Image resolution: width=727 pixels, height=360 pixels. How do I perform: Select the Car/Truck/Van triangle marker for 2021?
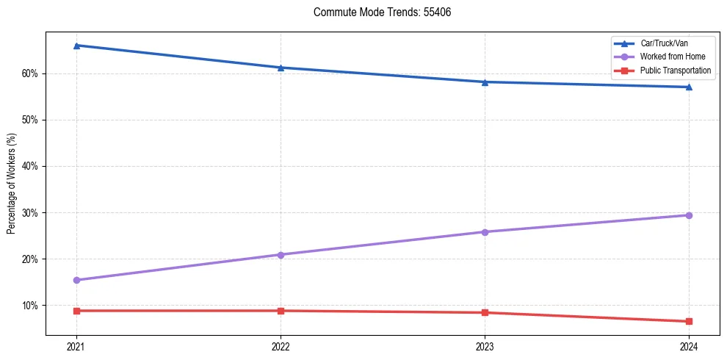[x=76, y=46]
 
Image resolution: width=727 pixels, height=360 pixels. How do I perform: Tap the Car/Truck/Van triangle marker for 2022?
[x=281, y=68]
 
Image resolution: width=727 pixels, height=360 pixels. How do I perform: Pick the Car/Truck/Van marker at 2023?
[x=485, y=82]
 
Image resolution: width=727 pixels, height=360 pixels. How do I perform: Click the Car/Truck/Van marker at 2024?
[x=689, y=87]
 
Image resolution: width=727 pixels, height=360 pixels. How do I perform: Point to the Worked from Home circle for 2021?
[x=76, y=280]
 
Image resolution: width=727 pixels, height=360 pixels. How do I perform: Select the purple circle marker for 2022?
[x=281, y=255]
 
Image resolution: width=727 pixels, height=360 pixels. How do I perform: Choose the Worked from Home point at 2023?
[x=485, y=232]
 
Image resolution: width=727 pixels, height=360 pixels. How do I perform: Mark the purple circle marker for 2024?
[x=689, y=215]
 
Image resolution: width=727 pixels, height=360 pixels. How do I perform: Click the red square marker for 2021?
[x=76, y=311]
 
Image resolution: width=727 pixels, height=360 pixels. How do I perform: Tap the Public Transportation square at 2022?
[x=281, y=311]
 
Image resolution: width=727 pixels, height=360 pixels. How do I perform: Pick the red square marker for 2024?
[x=689, y=321]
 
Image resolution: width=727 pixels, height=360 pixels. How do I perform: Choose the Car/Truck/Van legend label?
[x=664, y=43]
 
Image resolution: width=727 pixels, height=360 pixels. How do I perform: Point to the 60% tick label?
[x=31, y=73]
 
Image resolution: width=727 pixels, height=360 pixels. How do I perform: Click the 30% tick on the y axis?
[x=31, y=212]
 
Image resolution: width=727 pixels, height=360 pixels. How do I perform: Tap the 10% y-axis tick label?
[x=31, y=305]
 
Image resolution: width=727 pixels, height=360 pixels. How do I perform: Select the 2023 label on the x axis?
[x=485, y=346]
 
